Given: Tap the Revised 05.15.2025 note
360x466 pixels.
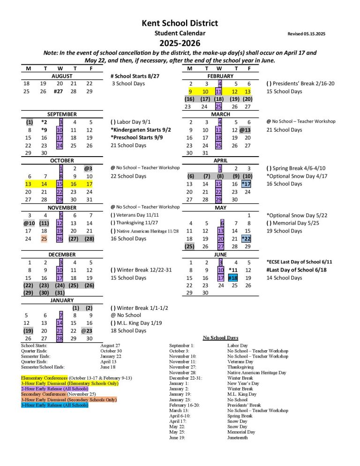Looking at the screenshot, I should pyautogui.click(x=308, y=34).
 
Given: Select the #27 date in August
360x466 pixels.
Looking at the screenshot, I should pyautogui.click(x=59, y=91).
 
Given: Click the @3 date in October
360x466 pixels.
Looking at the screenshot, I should pyautogui.click(x=89, y=168).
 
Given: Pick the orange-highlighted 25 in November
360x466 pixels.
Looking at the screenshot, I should pyautogui.click(x=43, y=239).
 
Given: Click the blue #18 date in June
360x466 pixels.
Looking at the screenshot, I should pyautogui.click(x=233, y=278).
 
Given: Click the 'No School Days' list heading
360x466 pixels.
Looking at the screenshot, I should pyautogui.click(x=220, y=338).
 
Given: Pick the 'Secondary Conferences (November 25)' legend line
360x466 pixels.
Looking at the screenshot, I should pyautogui.click(x=51, y=394).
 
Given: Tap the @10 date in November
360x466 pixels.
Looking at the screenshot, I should pyautogui.click(x=28, y=223).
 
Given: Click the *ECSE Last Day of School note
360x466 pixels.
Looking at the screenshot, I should pyautogui.click(x=300, y=262).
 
